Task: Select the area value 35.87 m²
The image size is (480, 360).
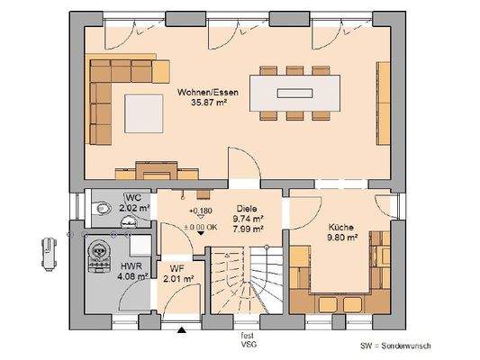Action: tap(208, 103)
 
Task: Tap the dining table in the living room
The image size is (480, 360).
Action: tap(296, 91)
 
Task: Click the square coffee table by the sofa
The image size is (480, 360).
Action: tap(142, 112)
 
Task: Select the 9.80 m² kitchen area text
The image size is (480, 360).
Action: tap(342, 239)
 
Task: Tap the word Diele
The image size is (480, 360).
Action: tap(246, 207)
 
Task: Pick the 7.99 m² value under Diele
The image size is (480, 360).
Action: tap(247, 229)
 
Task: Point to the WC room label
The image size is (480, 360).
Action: tap(134, 198)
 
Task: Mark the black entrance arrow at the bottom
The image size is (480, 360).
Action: tap(183, 331)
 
